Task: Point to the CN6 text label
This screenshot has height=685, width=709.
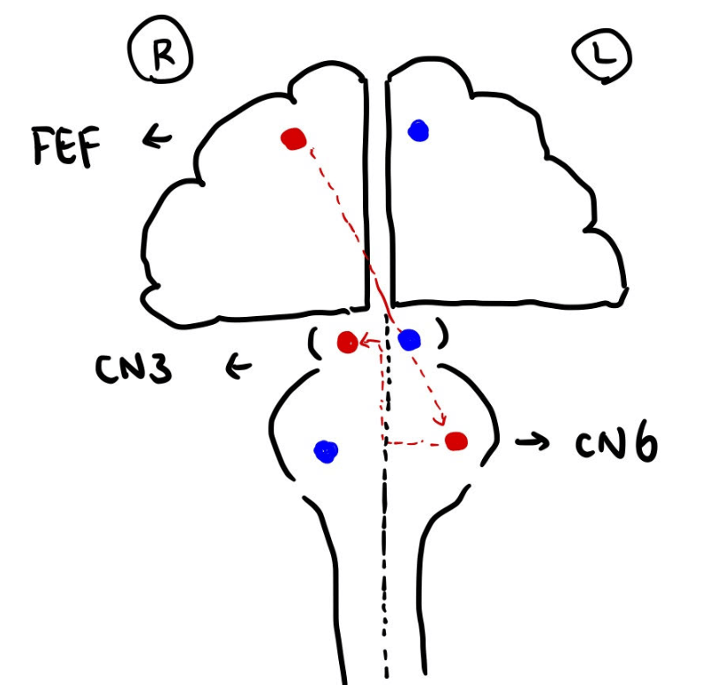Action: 616,444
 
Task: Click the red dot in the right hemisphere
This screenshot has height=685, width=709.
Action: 293,139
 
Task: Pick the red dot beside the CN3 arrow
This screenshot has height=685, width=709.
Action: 346,341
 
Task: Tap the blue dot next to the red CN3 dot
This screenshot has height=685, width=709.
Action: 410,340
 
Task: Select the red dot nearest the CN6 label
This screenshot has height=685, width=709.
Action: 456,440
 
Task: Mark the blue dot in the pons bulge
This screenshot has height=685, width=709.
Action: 326,452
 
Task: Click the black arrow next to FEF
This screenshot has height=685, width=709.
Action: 158,138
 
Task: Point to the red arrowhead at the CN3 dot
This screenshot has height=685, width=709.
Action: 362,342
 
